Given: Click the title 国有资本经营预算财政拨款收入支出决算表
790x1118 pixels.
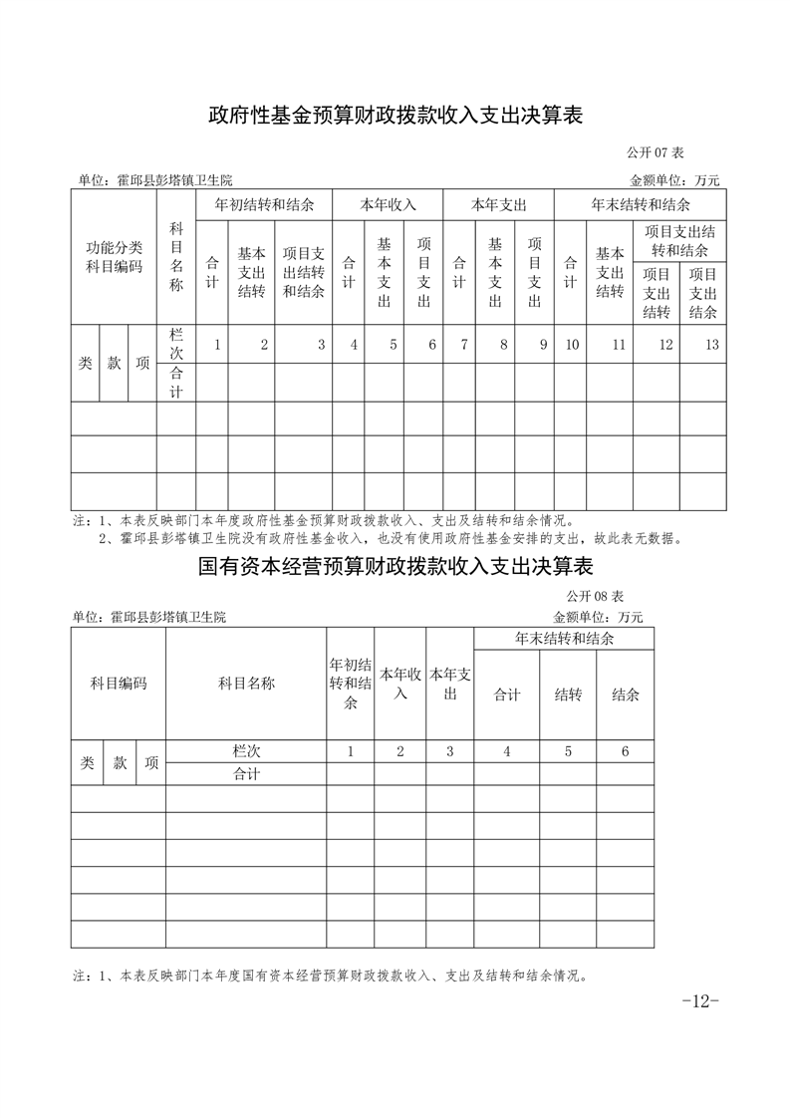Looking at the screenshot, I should click(395, 567).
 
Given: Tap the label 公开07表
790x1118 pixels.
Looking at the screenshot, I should click(655, 152).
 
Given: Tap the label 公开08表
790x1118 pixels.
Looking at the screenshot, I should click(595, 596).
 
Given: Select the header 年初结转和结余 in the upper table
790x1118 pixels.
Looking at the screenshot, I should click(264, 204).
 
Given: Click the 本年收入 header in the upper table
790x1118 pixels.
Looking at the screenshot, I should click(388, 204).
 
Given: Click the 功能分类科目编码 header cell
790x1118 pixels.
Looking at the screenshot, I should click(114, 257).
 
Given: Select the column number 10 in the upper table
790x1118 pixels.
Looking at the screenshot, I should click(572, 345).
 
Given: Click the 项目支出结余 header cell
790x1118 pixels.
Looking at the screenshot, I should click(703, 293).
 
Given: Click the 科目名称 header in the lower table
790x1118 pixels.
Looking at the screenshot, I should click(246, 684).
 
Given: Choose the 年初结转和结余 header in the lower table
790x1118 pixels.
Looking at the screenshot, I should click(351, 684).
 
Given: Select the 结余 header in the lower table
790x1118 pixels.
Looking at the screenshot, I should click(625, 695).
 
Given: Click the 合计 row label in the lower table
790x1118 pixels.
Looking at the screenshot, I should click(246, 774).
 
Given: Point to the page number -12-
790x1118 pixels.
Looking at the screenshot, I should click(700, 1001).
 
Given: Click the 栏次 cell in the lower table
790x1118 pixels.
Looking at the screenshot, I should click(246, 751).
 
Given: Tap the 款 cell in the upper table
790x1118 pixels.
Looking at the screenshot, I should click(114, 364).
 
